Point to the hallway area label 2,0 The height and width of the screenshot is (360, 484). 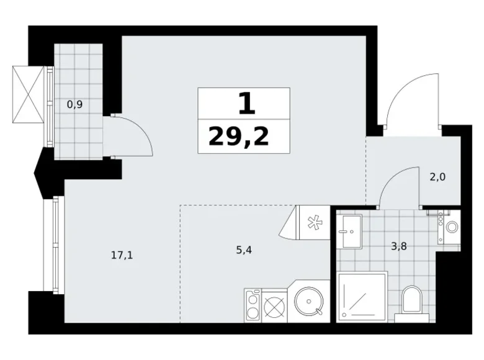coord(437,177)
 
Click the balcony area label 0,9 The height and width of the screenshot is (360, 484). coord(75,104)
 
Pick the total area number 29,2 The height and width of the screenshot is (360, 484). coord(239,136)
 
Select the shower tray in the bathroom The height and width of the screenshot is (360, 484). coord(362,297)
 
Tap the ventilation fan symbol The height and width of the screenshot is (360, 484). coord(313,222)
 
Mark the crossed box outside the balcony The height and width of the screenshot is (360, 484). coord(29,94)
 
